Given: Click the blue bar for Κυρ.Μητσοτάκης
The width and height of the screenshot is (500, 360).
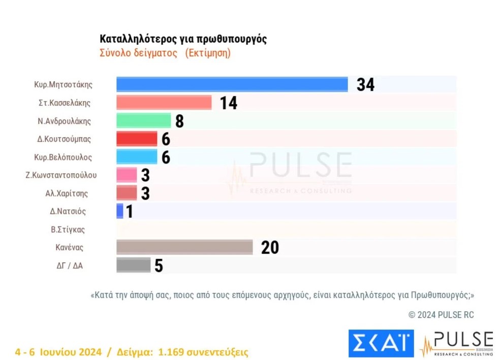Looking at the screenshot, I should point(232,84).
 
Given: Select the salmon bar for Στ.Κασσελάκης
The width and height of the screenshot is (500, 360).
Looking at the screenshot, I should point(164,103).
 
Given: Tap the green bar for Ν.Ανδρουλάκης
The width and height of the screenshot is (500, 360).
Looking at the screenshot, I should point(143,120).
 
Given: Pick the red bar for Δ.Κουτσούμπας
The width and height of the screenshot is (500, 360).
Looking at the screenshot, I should point(137,139).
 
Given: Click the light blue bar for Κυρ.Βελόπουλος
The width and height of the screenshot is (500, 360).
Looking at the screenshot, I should point(137,156).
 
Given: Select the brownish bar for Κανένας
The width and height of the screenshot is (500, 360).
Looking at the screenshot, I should point(184,247).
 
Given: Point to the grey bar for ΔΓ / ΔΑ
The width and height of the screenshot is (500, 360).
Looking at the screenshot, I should point(133,265).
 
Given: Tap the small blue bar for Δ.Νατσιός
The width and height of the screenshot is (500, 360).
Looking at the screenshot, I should point(120,211).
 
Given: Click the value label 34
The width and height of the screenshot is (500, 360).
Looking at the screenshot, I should point(365,85).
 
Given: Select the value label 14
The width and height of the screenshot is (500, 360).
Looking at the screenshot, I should point(229,103).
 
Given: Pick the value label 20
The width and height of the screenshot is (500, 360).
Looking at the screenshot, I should point(270,247).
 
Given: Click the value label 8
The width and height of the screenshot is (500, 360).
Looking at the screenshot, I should point(179,121).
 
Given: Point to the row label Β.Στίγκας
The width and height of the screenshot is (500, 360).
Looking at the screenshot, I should point(68,230).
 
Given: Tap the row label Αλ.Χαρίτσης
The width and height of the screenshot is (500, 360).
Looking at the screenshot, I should point(65,193).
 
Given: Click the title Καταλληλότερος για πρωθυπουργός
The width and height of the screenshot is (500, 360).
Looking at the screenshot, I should point(183,39).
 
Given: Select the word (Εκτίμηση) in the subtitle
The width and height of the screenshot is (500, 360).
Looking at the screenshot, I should point(208,53).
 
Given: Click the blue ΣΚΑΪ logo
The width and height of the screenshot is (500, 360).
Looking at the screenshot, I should point(381,343).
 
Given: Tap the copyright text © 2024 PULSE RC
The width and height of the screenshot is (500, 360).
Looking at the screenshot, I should point(441,315).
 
